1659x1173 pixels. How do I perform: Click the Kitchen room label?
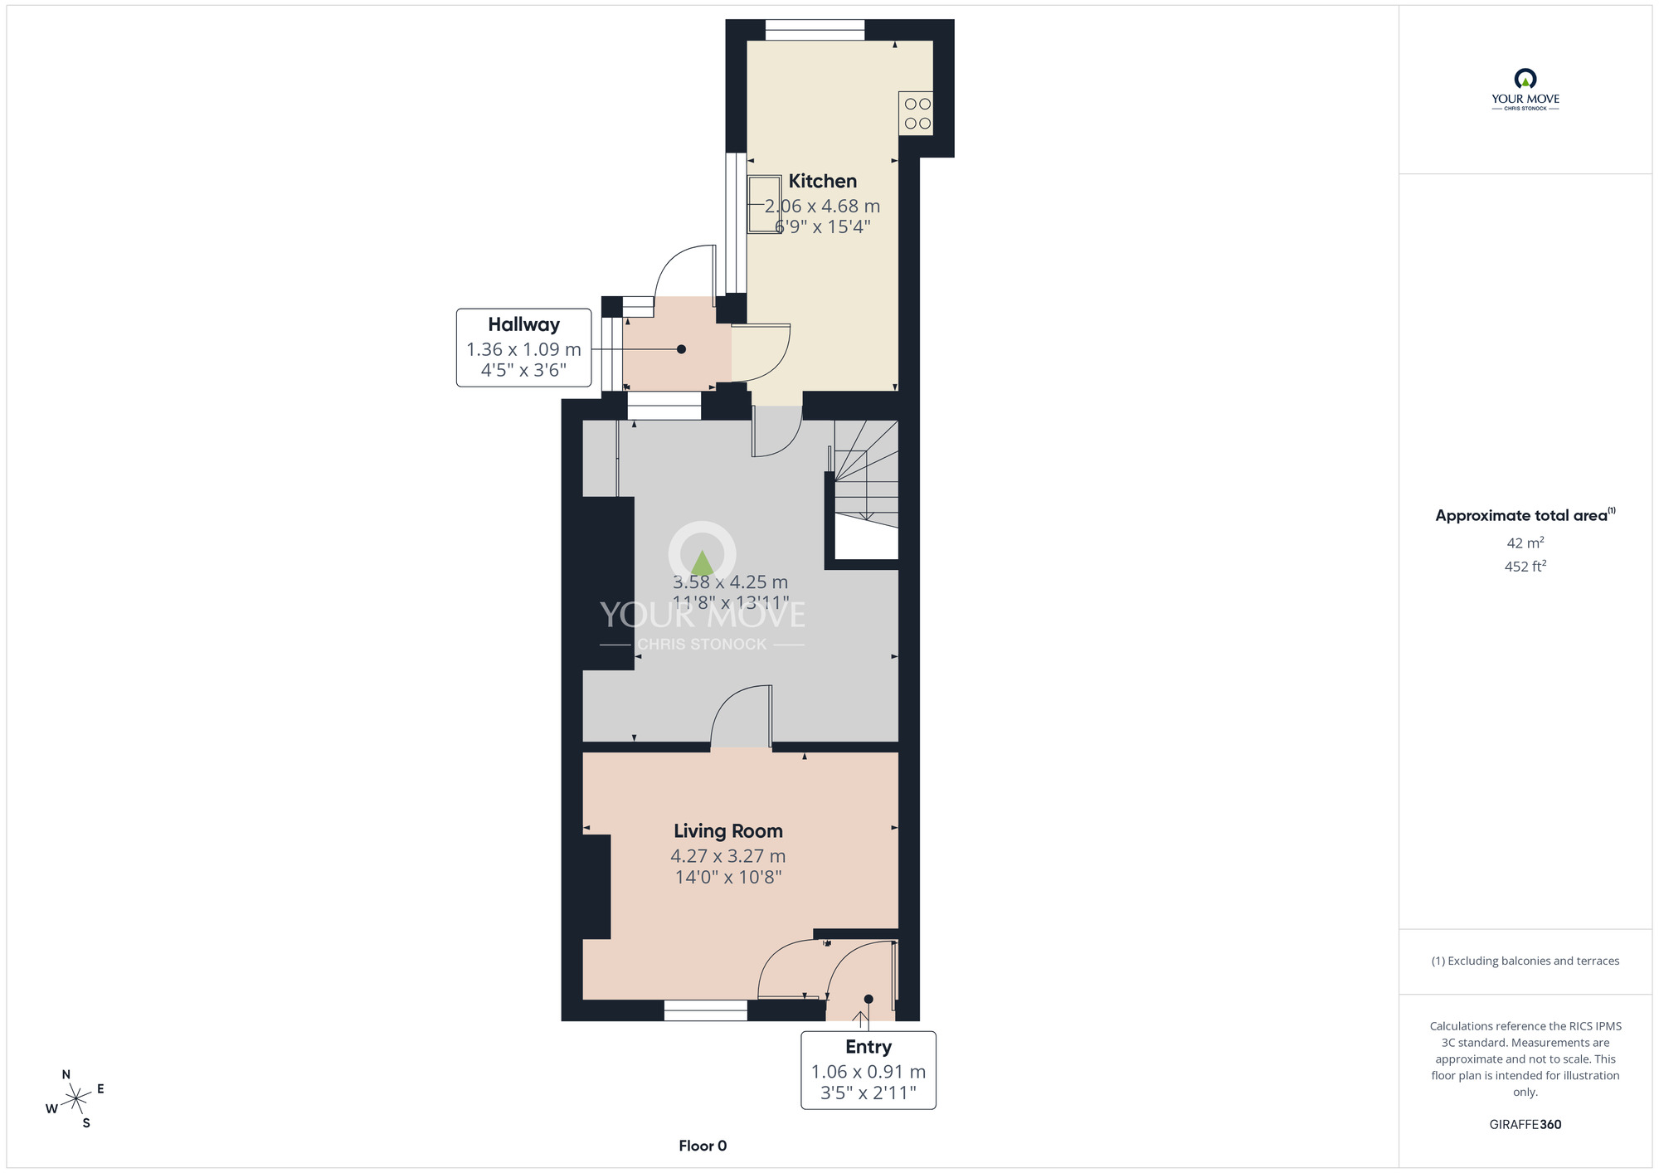click(x=822, y=181)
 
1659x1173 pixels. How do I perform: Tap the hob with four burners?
click(x=917, y=114)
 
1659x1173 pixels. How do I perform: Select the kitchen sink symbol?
click(x=764, y=204)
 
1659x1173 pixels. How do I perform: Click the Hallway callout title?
click(x=523, y=324)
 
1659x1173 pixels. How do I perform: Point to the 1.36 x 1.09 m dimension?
click(x=523, y=349)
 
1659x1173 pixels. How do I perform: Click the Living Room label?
click(x=728, y=831)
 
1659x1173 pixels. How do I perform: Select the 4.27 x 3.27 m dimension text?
click(x=728, y=856)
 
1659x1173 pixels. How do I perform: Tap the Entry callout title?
click(x=868, y=1048)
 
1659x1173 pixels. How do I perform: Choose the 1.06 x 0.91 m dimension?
click(x=868, y=1072)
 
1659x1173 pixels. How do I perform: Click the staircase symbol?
click(x=866, y=489)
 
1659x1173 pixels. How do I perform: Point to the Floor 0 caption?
click(x=703, y=1146)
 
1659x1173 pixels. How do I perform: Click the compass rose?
click(x=75, y=1099)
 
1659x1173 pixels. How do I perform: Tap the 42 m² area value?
click(x=1525, y=543)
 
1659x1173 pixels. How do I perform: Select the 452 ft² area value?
click(x=1525, y=567)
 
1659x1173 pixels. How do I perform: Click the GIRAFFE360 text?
click(x=1525, y=1125)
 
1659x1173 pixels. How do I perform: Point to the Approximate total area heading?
click(x=1525, y=515)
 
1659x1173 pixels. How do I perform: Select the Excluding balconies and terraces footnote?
click(x=1525, y=961)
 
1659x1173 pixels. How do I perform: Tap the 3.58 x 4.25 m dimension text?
click(x=730, y=582)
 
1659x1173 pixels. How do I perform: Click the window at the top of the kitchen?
click(x=815, y=30)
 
